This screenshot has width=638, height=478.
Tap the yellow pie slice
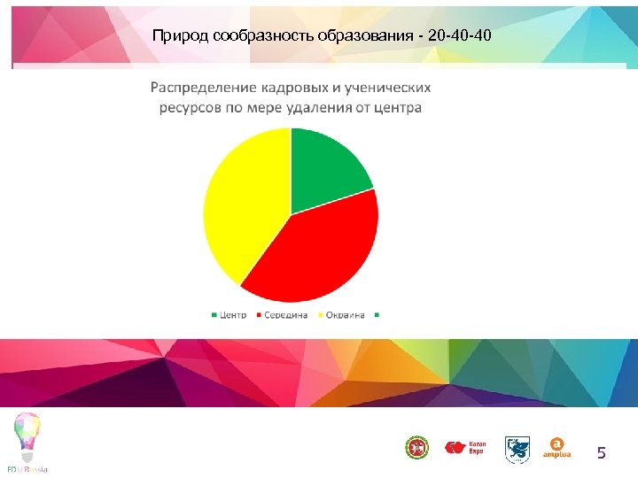point(244,204)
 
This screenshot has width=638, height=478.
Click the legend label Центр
point(233,315)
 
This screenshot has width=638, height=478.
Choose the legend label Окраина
point(346,315)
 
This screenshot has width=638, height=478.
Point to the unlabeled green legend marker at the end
point(377,315)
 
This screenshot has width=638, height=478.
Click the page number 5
point(602,453)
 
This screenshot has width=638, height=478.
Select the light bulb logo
point(27,435)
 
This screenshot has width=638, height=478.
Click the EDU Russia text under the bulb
point(27,467)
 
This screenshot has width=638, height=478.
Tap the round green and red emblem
point(416,448)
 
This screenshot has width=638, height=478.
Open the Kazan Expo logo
point(466,448)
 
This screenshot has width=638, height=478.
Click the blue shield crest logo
point(517,449)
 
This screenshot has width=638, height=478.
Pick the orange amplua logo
point(556,448)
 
